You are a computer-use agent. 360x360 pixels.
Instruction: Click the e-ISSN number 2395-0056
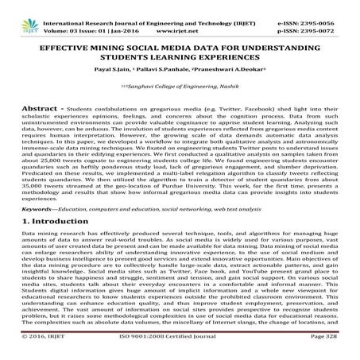click(x=332, y=6)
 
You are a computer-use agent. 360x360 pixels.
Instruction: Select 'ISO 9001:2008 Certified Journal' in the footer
click(x=180, y=350)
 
